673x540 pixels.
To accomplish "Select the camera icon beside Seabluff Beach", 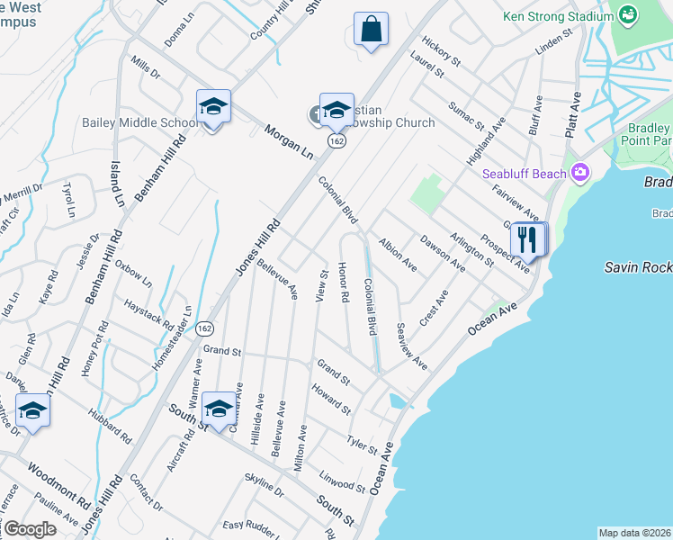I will (x=580, y=172).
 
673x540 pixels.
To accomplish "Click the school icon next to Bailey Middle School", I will (x=213, y=107).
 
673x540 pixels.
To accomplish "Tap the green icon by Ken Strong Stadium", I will (x=627, y=15).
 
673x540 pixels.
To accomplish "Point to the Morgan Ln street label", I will (x=288, y=142).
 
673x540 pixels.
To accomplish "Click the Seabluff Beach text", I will (x=525, y=173).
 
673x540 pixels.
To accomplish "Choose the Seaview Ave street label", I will (x=411, y=346).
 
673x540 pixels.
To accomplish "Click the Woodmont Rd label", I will (x=58, y=483).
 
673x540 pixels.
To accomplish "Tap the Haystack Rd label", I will (x=148, y=311).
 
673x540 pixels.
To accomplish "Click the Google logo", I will (x=29, y=529).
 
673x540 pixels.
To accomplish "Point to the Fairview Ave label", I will (x=516, y=202).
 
